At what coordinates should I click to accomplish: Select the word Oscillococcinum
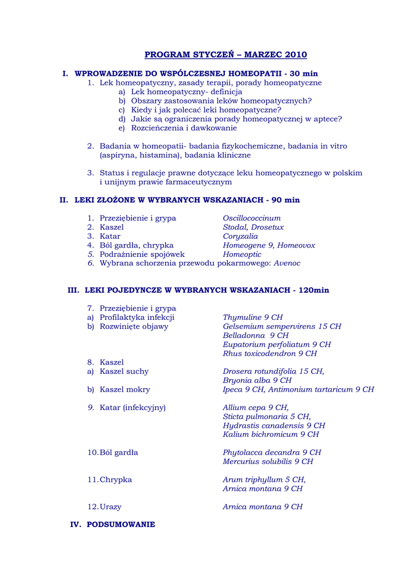251,219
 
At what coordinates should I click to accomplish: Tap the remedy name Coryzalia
240,237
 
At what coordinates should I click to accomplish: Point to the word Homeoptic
242,254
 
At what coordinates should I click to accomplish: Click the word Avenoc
287,264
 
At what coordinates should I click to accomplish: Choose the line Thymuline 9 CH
252,318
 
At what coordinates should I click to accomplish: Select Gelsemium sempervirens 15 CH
282,327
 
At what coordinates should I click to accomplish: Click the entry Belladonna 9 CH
255,335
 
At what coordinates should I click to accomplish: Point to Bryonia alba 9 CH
257,381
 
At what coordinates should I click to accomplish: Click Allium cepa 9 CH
255,408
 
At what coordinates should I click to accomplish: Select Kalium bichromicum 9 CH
271,435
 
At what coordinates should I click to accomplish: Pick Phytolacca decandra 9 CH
271,452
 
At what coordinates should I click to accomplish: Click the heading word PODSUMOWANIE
120,525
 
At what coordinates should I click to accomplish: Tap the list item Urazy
110,507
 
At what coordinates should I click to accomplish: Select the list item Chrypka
115,480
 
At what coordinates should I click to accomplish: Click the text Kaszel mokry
125,389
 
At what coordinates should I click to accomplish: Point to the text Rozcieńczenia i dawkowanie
184,129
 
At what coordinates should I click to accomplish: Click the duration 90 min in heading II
285,200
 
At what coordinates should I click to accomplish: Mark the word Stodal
235,227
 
